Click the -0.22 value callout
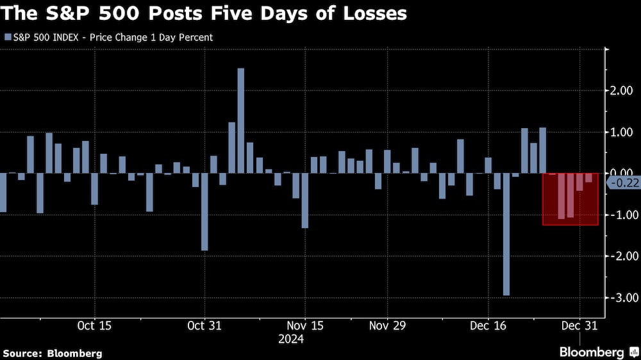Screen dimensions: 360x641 point(622,183)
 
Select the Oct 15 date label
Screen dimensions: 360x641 point(94,325)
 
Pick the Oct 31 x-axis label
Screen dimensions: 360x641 point(204,325)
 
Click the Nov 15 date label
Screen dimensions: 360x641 point(305,325)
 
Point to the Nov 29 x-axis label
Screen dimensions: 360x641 point(388,325)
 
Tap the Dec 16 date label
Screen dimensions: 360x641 point(488,325)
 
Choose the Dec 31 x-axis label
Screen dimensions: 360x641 point(579,325)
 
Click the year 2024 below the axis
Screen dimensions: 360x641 point(291,340)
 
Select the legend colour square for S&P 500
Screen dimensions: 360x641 point(8,37)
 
